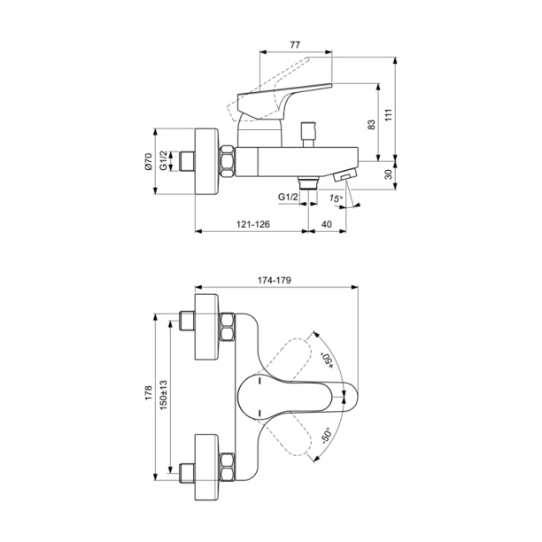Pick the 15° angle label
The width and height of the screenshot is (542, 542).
tap(336, 199)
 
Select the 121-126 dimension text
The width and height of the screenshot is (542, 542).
tap(255, 225)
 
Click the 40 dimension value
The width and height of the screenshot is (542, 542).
tap(327, 225)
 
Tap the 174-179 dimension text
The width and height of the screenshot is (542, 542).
tap(275, 281)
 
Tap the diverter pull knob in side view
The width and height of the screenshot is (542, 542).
tap(309, 133)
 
